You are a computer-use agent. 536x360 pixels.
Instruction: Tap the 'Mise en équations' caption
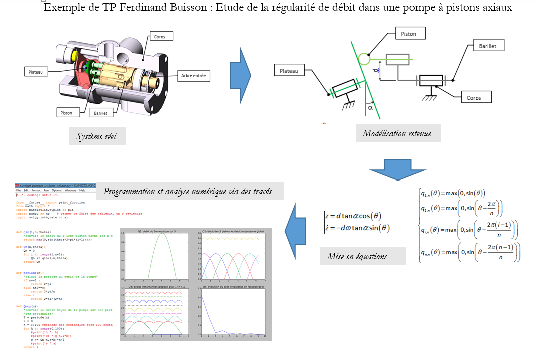(x=357, y=256)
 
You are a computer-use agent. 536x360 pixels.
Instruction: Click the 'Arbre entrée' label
(x=193, y=76)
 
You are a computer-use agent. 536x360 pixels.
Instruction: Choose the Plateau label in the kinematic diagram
(x=289, y=71)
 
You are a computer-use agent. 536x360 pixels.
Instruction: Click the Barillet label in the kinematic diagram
(x=487, y=45)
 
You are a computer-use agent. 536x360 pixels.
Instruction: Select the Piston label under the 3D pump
(x=66, y=113)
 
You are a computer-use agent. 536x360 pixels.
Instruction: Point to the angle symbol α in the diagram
(x=370, y=107)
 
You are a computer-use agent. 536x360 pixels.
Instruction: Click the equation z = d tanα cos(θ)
(x=353, y=216)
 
